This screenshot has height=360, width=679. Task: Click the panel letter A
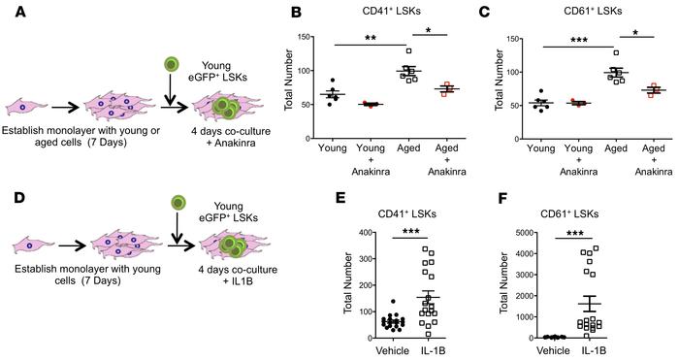tap(9, 12)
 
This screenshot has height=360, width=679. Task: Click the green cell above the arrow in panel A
tap(171, 65)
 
